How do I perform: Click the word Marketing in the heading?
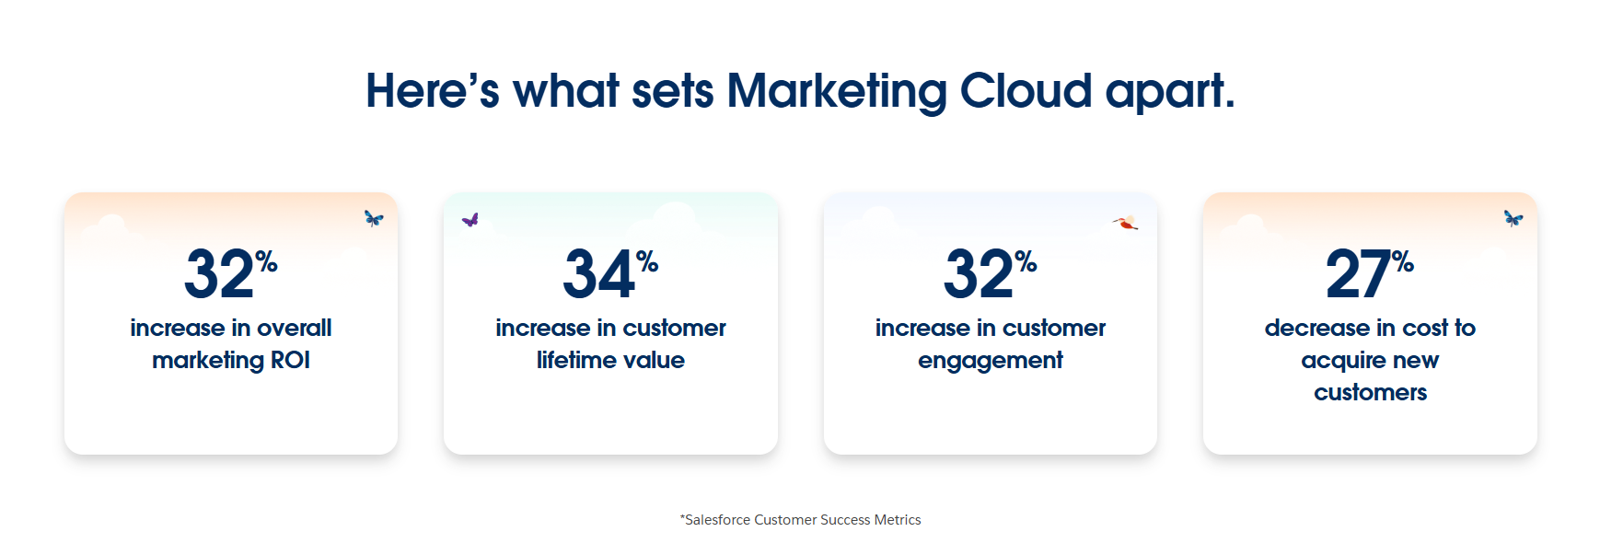(x=836, y=92)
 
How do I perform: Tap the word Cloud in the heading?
(x=1026, y=91)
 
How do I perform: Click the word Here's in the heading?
(x=432, y=91)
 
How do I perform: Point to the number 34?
(x=598, y=274)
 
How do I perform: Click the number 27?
(x=1357, y=274)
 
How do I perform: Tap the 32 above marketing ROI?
(x=219, y=274)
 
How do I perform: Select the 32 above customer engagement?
(x=978, y=274)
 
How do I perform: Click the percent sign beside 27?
(x=1402, y=262)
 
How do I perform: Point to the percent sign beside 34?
(x=647, y=262)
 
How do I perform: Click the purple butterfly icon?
(x=470, y=220)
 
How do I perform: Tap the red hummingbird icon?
(x=1125, y=222)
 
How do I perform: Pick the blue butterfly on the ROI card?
(x=373, y=218)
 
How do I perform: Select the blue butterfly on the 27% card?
(x=1513, y=218)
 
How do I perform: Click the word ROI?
(x=290, y=360)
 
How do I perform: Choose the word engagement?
(x=990, y=361)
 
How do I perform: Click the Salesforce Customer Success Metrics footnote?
(x=800, y=520)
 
